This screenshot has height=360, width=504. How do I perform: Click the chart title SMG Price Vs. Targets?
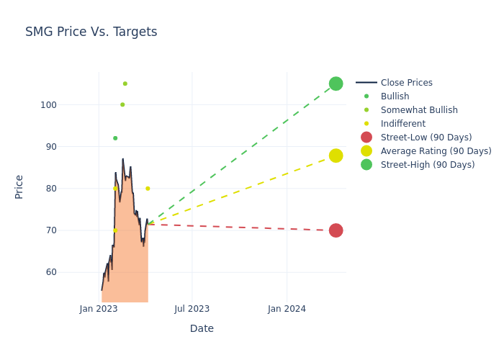[91, 32]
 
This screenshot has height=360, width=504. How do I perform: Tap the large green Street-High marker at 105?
[336, 84]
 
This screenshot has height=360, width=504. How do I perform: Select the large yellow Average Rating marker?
[336, 156]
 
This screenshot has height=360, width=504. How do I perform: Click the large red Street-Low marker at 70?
[336, 230]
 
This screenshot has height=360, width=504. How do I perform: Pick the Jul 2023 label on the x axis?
[192, 309]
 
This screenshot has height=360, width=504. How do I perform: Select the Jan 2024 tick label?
[287, 309]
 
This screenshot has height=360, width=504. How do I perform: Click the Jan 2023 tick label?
[99, 309]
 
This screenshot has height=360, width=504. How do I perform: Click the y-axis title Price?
[19, 186]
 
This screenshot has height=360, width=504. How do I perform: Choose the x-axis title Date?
[202, 328]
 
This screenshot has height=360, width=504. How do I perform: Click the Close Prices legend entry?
[406, 83]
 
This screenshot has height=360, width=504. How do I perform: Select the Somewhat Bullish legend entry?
[419, 110]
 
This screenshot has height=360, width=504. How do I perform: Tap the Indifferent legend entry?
[402, 124]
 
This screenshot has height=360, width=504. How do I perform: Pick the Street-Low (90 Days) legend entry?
[426, 138]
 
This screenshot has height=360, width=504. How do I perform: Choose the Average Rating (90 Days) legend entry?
[436, 151]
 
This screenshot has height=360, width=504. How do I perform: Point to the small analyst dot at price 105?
[125, 84]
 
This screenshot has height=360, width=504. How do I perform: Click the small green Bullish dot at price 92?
[115, 138]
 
